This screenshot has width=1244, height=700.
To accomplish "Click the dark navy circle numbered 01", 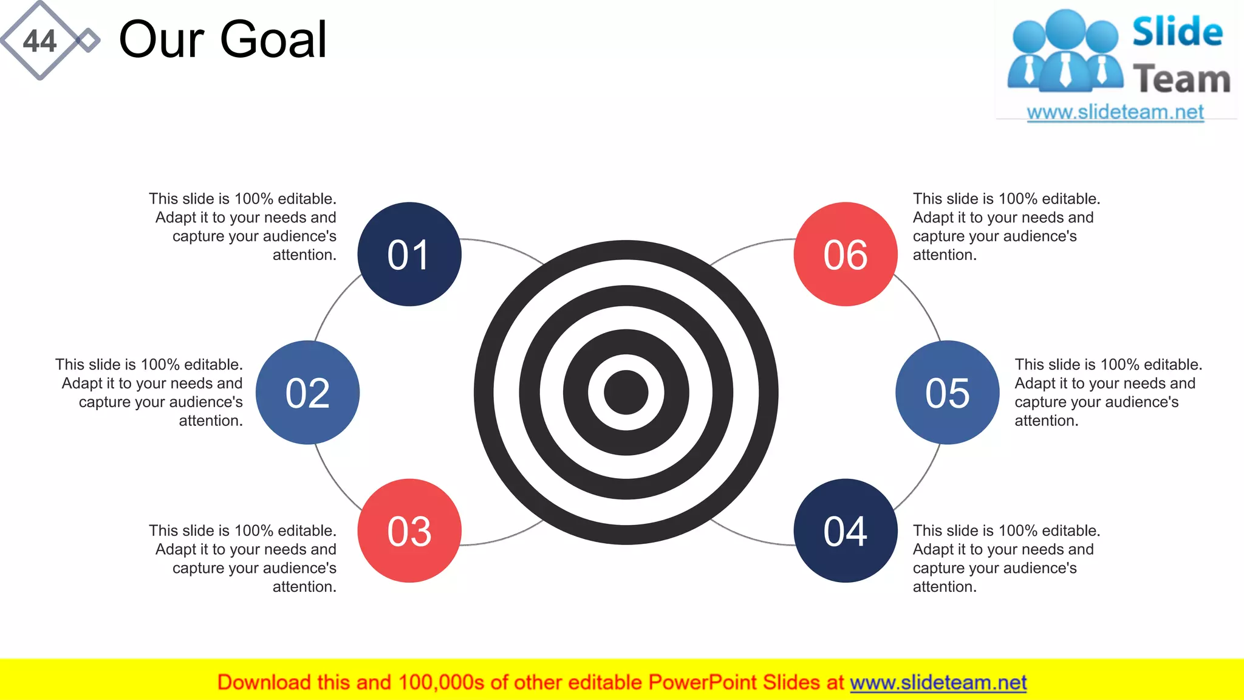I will [409, 254].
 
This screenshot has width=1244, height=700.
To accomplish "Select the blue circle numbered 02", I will [307, 393].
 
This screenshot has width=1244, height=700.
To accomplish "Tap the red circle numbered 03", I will [409, 530].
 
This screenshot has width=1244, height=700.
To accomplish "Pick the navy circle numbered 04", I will [845, 530].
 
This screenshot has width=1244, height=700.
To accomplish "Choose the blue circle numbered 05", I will [947, 393].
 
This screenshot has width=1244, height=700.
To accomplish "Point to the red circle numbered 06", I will [845, 254].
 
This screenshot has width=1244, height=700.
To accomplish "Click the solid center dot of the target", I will [626, 393].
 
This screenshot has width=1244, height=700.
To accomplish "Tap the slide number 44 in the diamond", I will [39, 41].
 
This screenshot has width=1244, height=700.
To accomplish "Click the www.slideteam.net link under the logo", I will [1115, 112].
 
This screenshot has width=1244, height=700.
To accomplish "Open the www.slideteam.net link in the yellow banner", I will [938, 682].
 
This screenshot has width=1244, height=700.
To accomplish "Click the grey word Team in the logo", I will [1181, 80].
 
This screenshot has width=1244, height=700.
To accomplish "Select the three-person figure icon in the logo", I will [1065, 52].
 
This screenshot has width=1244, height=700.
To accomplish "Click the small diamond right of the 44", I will [89, 41].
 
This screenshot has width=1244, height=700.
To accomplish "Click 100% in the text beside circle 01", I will [253, 199].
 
